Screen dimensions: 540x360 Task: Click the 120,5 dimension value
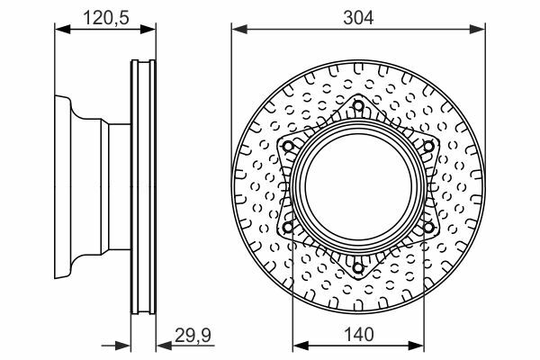point(106,18)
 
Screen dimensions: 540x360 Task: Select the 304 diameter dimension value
point(358,18)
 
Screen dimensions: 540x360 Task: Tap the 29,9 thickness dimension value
point(193,335)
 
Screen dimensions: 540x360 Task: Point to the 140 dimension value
point(358,334)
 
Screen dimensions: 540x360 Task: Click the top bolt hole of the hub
point(358,105)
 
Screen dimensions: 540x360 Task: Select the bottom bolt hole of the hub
point(358,267)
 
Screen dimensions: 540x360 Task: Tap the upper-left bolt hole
point(288,147)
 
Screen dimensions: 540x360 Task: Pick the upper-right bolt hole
point(428,147)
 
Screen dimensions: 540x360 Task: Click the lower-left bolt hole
point(288,227)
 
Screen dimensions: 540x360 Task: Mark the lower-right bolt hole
point(428,227)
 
